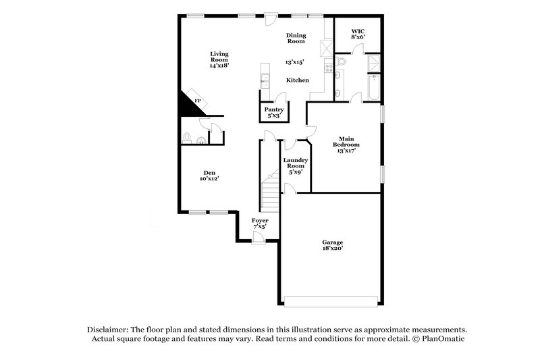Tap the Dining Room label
(x=296, y=38)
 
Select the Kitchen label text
(x=297, y=80)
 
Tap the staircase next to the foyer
(x=270, y=192)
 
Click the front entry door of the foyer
(x=259, y=237)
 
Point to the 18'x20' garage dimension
(x=332, y=249)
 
